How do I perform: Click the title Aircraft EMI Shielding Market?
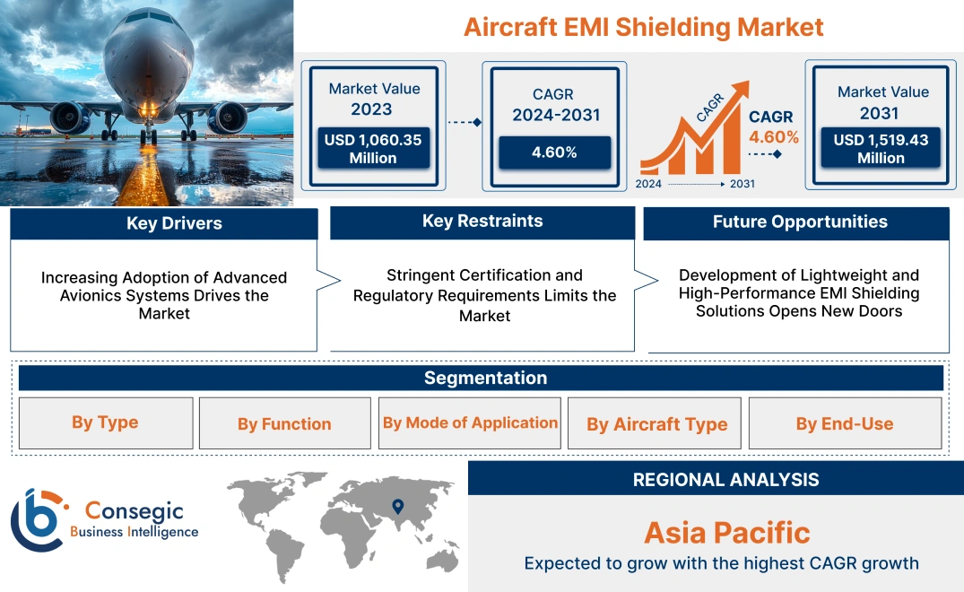coord(643,27)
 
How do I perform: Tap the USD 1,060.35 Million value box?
coord(372,148)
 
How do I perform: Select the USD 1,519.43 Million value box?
coord(881,148)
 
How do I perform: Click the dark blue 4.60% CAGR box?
coord(554,152)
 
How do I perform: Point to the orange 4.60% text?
coord(774,137)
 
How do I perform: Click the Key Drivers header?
coord(164,223)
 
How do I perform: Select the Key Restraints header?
coord(482,222)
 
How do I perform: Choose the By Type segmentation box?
coord(105,422)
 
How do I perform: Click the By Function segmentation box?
coord(284,423)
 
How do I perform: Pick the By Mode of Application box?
coord(470,422)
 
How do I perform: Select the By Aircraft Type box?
coord(656,424)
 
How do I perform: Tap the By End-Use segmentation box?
coord(845,423)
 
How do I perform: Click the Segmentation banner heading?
coord(485,378)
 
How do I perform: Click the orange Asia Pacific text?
coord(726,533)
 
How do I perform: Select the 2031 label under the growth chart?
coord(742,184)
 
